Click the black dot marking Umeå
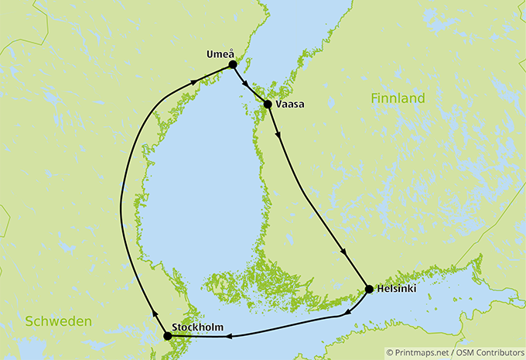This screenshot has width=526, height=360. click(x=232, y=65)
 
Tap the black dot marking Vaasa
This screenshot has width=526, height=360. click(x=268, y=104)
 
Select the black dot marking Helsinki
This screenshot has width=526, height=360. click(x=368, y=290)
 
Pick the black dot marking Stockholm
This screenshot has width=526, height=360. click(x=167, y=336)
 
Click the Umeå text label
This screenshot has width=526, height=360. click(x=220, y=53)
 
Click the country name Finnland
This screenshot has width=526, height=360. click(x=398, y=98)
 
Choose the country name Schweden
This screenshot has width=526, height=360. click(x=57, y=321)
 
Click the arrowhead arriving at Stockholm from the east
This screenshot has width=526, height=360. click(x=228, y=335)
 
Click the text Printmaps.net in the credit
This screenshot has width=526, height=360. click(x=424, y=351)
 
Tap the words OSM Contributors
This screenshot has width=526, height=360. click(x=489, y=351)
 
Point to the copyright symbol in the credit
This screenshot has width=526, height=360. click(x=391, y=351)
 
